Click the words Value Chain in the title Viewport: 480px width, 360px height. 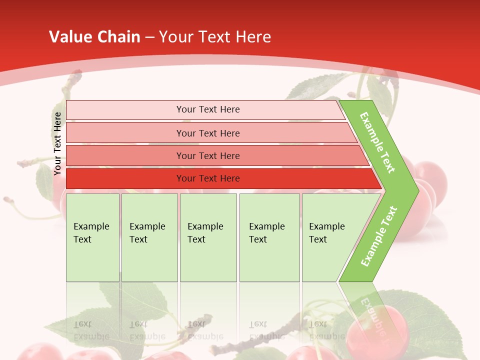coord(94,37)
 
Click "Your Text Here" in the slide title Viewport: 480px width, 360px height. coord(215,37)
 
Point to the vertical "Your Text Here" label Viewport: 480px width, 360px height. coord(57,143)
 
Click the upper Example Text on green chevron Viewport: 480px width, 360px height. coord(377,142)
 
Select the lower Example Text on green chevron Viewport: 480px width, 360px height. coord(379,236)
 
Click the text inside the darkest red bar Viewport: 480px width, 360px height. coord(208,178)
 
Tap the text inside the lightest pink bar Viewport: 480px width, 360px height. coord(208,109)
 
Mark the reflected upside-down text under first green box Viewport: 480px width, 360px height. coord(91,330)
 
